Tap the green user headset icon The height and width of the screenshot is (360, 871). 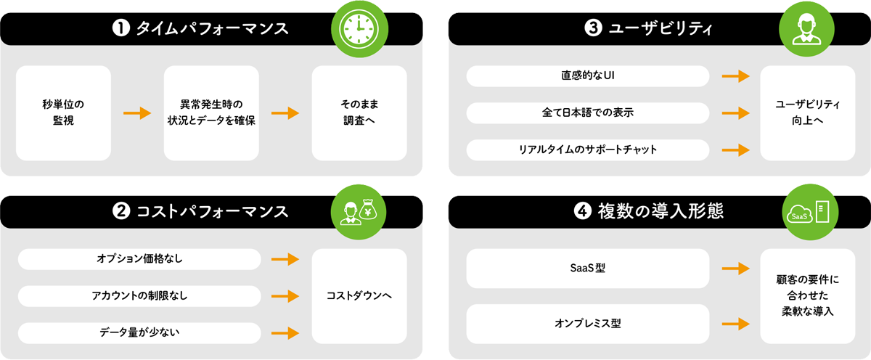coord(808,29)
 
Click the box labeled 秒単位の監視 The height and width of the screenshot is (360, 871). coord(63,113)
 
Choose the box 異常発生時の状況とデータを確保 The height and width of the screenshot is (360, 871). coord(211,113)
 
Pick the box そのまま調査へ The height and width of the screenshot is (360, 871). coord(359,113)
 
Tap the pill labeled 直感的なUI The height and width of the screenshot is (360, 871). coord(587,75)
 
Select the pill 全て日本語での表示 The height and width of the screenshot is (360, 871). coord(587,113)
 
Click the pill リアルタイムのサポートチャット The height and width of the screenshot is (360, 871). coord(587,150)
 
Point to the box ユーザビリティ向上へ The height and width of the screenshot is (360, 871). coord(807,113)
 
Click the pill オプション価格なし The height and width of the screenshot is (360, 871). coord(139,258)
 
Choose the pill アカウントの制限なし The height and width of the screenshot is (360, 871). coord(139,296)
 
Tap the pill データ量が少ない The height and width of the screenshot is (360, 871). coord(139,332)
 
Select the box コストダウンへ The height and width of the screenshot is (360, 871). coord(359,296)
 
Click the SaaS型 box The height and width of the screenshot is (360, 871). coord(587,269)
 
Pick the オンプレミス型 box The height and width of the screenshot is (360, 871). coord(587,324)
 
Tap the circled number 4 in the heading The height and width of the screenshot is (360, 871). coord(582,211)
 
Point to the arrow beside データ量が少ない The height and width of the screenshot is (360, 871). coord(285,333)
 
